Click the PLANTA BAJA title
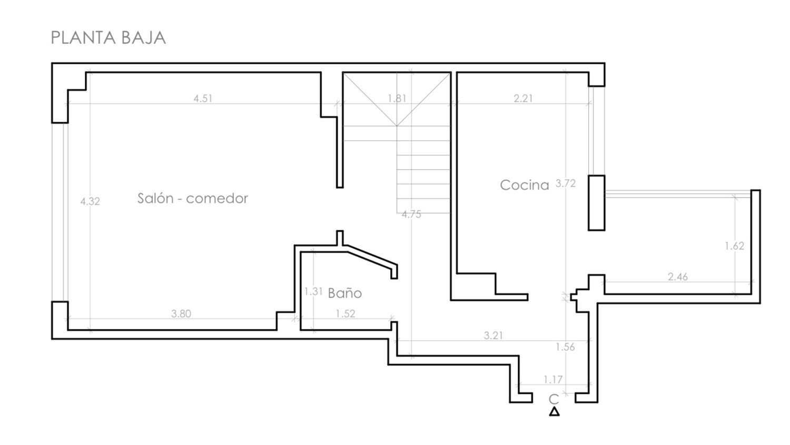tap(108, 38)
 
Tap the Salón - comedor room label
tap(193, 198)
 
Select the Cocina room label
tap(525, 185)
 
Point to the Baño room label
tap(344, 293)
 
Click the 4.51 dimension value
tap(203, 99)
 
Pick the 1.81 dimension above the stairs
tap(397, 98)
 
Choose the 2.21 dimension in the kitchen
tap(523, 98)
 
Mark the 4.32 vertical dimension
tap(90, 201)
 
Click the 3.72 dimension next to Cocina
tap(565, 183)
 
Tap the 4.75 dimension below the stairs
tap(411, 215)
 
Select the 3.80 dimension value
tap(181, 314)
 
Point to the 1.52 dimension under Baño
tap(345, 314)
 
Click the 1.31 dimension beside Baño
tap(313, 292)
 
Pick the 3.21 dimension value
tap(493, 335)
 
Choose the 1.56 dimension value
tap(565, 347)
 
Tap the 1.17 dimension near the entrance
tap(553, 380)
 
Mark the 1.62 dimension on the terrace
tap(735, 246)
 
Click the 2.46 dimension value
tap(677, 277)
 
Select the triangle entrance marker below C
tap(555, 412)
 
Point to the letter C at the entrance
tap(554, 400)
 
